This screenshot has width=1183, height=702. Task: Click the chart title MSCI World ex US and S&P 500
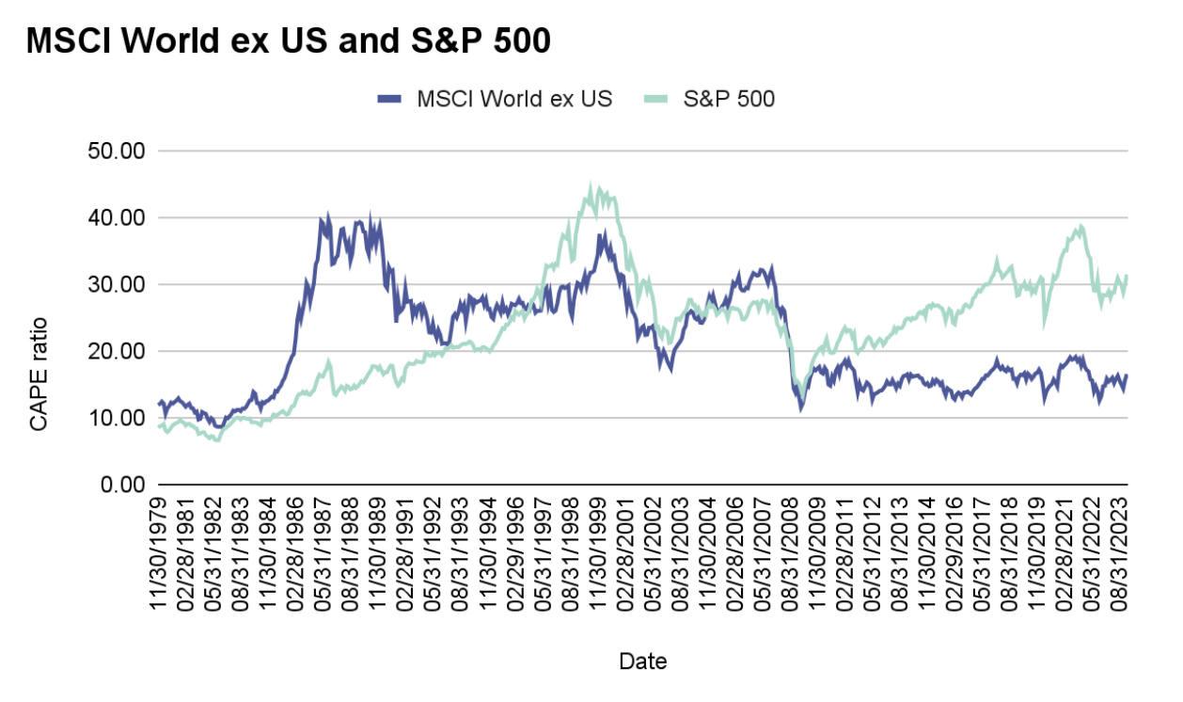pos(288,41)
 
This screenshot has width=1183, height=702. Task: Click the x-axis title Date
pos(642,662)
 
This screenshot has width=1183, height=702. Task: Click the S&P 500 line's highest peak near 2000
pos(591,185)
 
